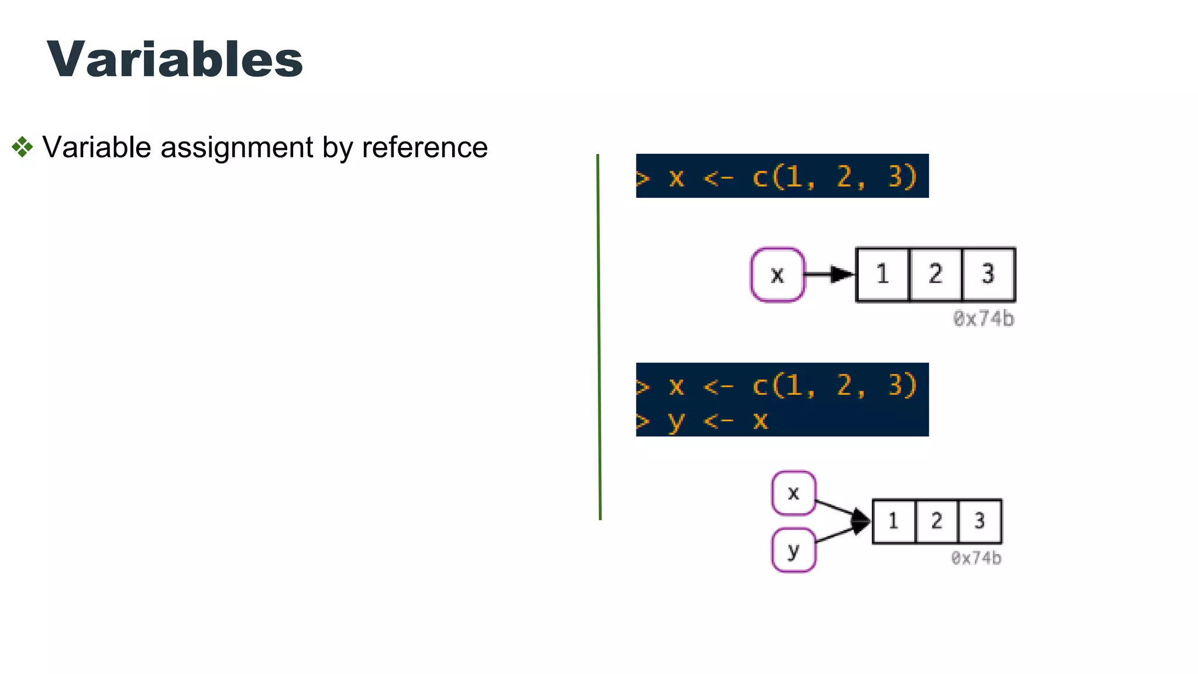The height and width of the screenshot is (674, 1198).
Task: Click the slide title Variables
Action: pos(174,60)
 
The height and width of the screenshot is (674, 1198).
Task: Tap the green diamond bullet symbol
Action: pos(22,147)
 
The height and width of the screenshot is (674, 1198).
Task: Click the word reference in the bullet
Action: pos(425,147)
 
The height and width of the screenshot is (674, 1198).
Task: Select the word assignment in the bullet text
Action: pos(237,147)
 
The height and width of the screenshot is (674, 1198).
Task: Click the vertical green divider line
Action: pos(599,336)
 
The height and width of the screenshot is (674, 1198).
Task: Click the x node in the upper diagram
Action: pos(777,274)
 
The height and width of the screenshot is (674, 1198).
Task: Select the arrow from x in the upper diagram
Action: pos(829,274)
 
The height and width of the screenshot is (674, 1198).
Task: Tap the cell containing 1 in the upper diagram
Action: pos(883,274)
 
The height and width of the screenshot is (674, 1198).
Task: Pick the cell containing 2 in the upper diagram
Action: pos(935,274)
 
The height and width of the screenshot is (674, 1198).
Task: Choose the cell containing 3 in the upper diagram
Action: pos(988,274)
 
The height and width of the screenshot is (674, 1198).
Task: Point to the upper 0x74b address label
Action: pos(983,319)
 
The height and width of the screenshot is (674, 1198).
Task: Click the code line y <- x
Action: pos(718,420)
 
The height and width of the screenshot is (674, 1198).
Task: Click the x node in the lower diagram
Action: pos(793,493)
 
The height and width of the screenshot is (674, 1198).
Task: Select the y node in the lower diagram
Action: pos(793,550)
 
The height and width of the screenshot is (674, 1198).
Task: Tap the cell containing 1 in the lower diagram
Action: pos(893,521)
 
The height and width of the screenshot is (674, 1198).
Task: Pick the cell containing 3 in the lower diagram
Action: pos(980,521)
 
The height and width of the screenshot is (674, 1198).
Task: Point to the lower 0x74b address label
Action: pos(976,558)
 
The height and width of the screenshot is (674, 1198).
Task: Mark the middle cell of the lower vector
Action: pos(937,521)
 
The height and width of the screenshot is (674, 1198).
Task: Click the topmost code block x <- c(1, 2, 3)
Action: pos(782,176)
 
